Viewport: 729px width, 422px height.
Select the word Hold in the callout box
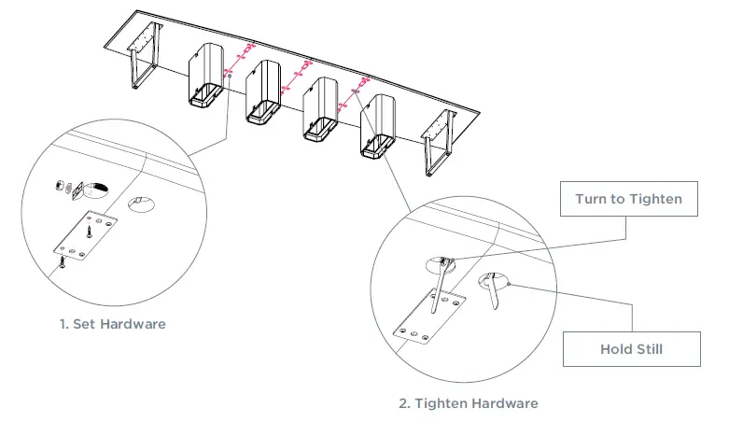pos(616,349)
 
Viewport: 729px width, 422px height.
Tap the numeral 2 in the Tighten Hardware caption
pos(402,403)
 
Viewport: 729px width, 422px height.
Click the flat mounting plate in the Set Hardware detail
pos(85,238)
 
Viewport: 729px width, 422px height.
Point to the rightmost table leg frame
pos(435,140)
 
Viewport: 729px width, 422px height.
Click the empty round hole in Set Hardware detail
pos(141,204)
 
